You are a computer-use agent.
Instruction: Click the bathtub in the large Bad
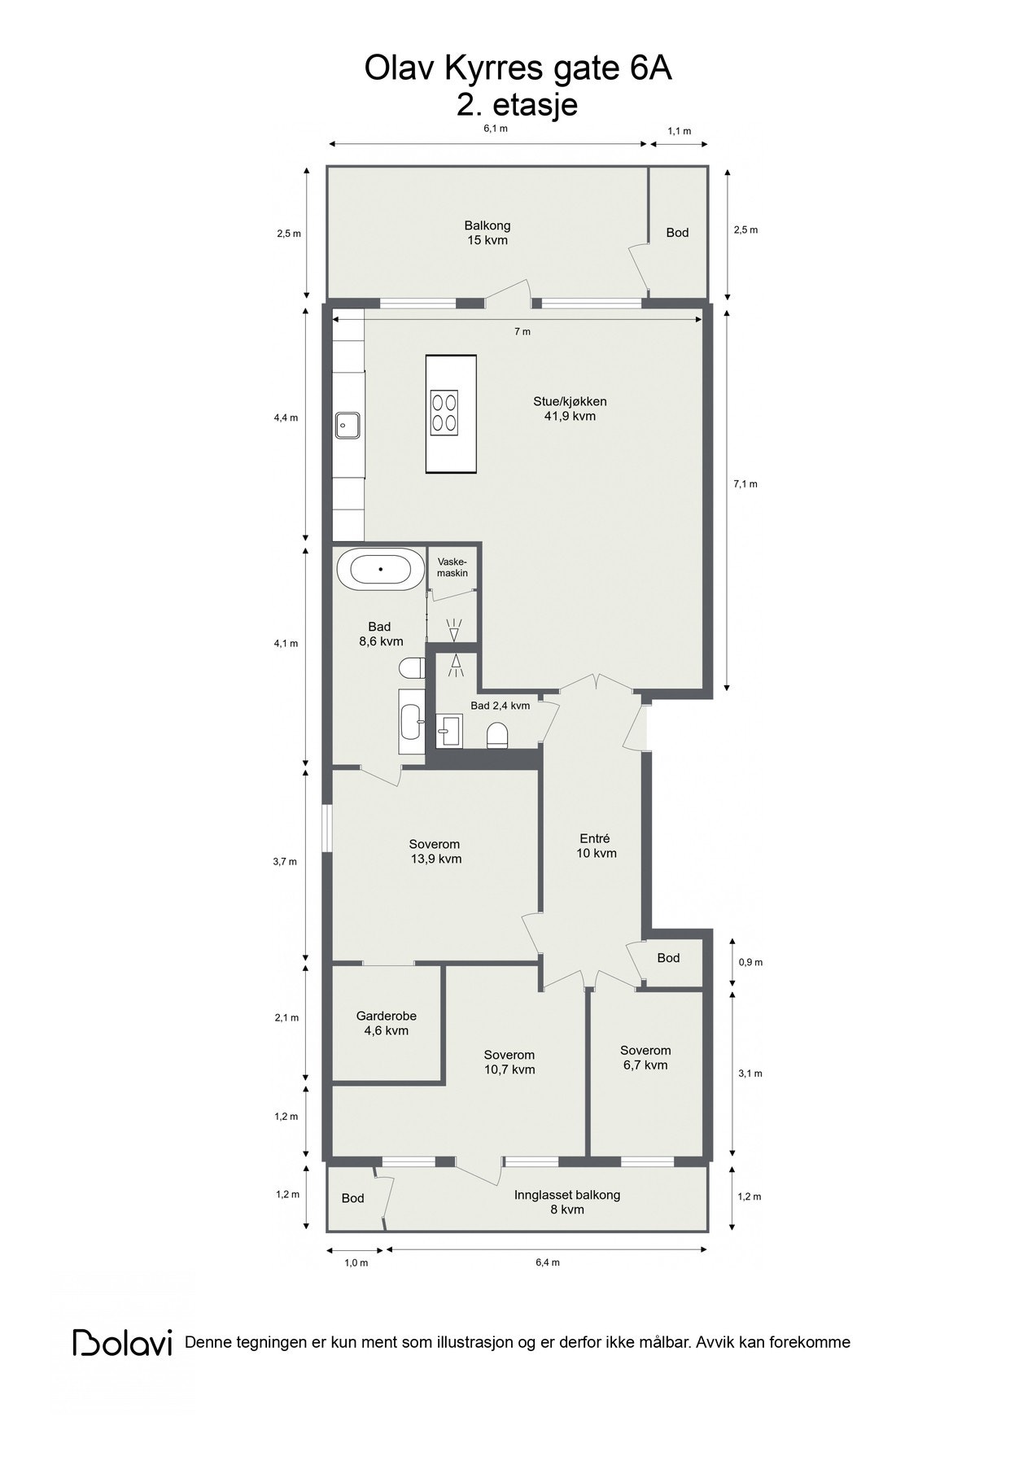point(380,569)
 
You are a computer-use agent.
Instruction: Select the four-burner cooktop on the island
point(445,412)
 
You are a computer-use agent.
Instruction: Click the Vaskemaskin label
point(452,567)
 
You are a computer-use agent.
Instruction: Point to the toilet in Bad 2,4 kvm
point(497,736)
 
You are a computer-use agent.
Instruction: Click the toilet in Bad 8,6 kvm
point(413,668)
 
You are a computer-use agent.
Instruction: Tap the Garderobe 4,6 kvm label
point(387,1023)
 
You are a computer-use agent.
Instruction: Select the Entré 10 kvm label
point(596,846)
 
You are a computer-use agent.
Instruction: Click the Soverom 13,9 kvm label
point(436,851)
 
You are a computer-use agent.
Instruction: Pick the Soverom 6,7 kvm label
point(645,1057)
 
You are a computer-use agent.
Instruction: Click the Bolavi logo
point(123,1342)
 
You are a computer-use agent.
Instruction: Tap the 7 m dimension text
point(522,331)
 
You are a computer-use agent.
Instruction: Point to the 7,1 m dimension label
point(745,483)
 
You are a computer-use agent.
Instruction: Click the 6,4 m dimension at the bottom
point(547,1262)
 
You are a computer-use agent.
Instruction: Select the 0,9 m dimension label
point(750,962)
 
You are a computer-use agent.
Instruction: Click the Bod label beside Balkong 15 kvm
point(677,233)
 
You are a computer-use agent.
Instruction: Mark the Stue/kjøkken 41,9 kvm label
point(570,409)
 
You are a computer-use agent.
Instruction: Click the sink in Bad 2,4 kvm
point(449,732)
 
